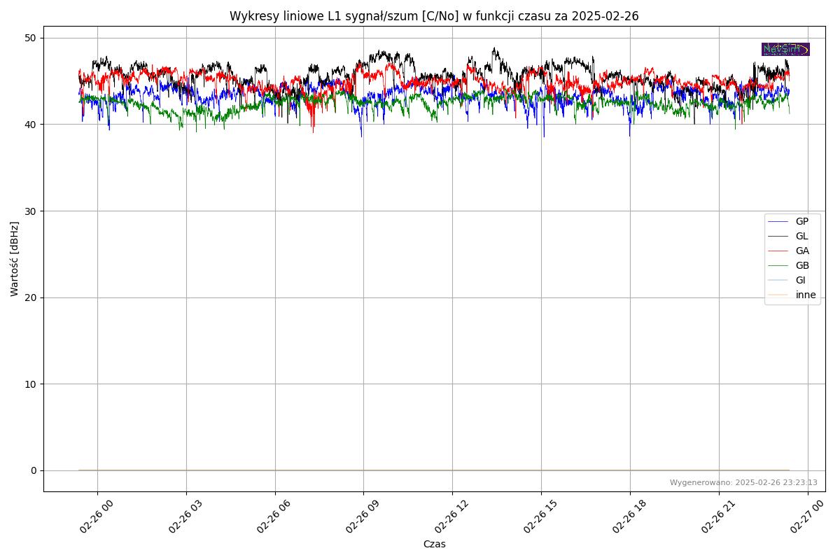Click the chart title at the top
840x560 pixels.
click(434, 16)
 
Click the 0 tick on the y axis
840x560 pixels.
click(32, 470)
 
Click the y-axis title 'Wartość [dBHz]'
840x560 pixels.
click(15, 259)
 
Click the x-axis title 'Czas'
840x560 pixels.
click(434, 544)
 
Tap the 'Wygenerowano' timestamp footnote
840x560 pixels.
click(743, 482)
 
